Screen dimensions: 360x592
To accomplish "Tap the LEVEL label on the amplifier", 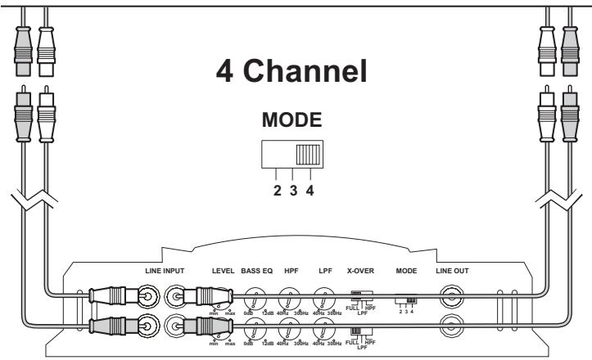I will coord(222,269).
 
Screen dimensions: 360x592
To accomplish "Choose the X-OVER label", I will coord(361,269).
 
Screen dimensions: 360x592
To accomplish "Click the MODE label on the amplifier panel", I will coord(407,269).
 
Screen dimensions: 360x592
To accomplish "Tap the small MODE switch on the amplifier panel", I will coord(406,300).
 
